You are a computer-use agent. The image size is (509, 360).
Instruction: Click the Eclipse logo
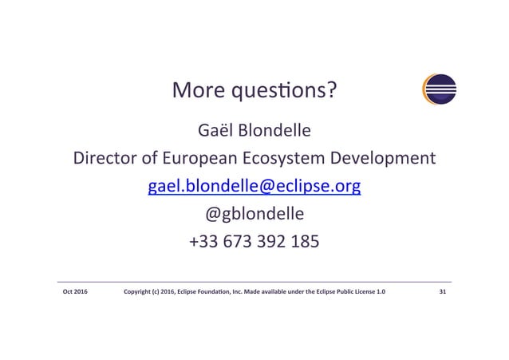point(440,89)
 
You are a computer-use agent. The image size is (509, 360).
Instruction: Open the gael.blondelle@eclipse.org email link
point(254,187)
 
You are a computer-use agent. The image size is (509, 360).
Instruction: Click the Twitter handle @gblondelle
point(254,216)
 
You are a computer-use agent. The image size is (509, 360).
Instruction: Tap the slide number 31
point(443,293)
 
